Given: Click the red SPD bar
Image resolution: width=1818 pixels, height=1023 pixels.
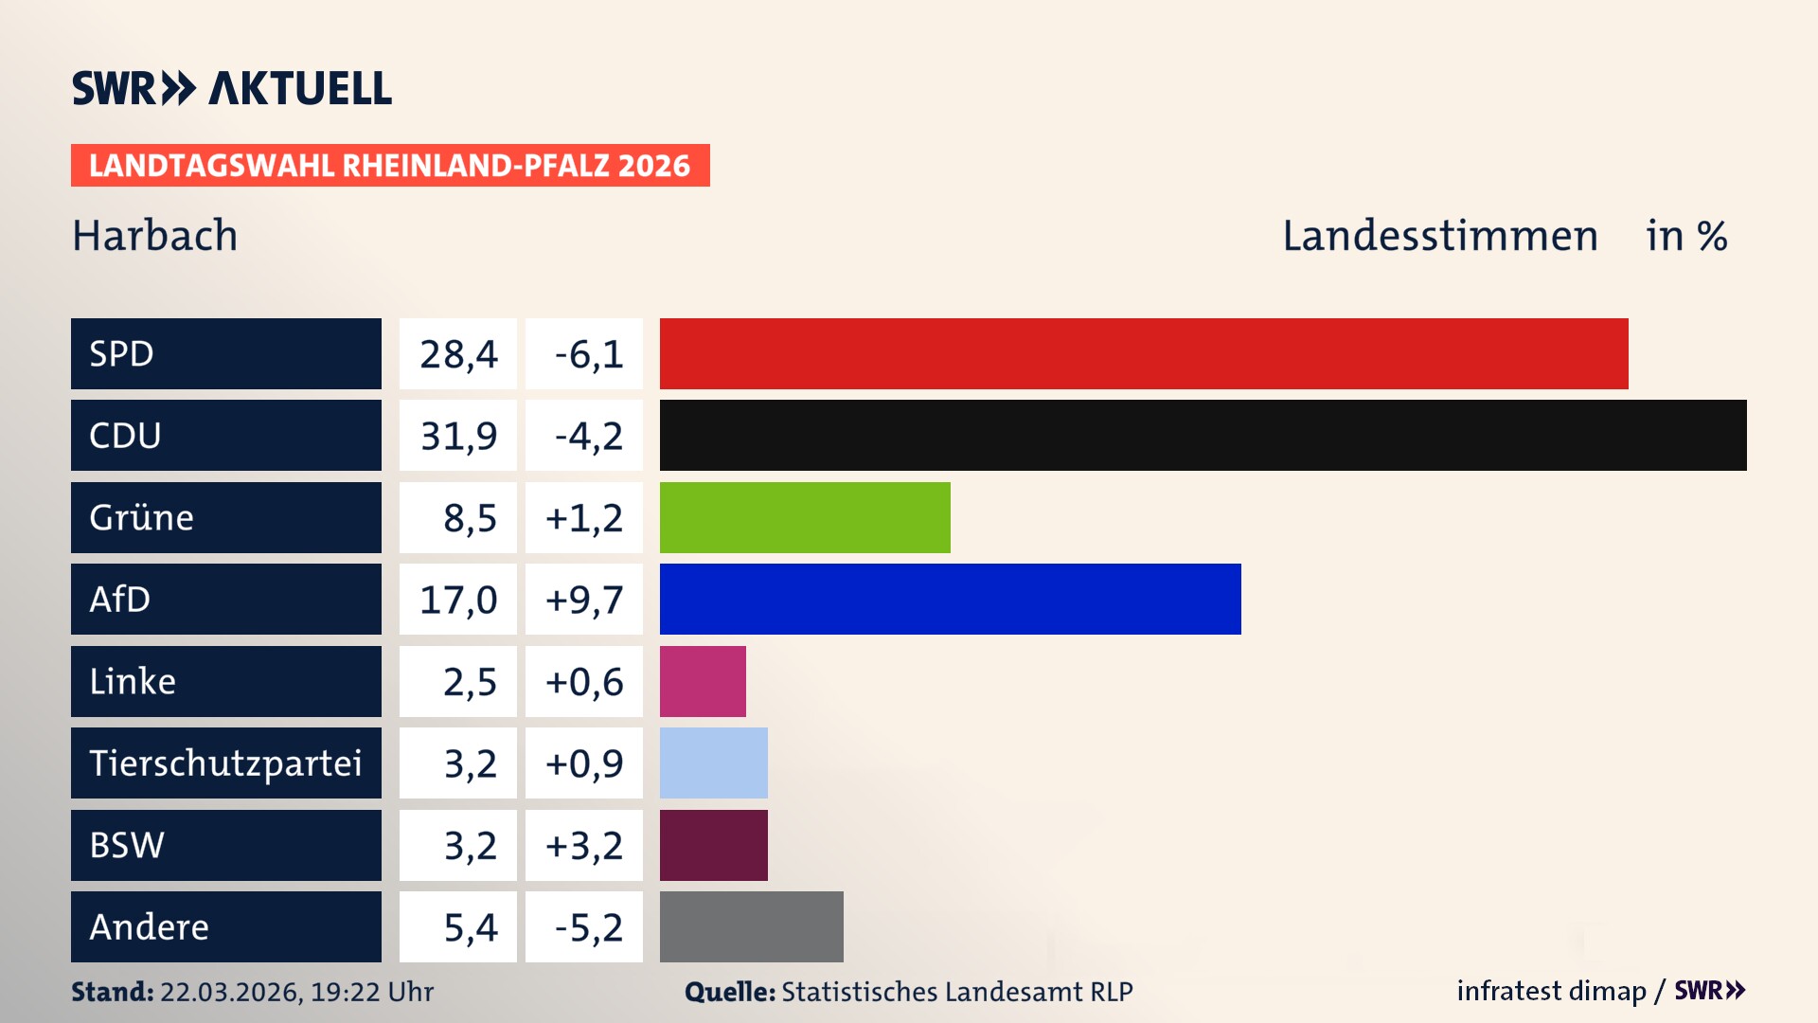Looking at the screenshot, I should click(x=1144, y=353).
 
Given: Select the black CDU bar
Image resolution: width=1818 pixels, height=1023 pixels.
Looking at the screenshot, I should click(x=1203, y=436).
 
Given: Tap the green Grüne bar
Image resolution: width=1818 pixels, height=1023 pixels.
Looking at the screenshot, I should click(x=805, y=517).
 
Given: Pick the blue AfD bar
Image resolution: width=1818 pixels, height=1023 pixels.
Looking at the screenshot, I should click(x=950, y=599).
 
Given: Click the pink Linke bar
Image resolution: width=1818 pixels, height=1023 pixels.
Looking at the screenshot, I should click(x=703, y=681).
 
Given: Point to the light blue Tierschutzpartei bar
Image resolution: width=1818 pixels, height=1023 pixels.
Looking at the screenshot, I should click(x=713, y=763).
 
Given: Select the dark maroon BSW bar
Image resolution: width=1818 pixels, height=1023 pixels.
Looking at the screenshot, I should click(x=713, y=845).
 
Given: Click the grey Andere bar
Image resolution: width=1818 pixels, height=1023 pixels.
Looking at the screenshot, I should click(x=751, y=926).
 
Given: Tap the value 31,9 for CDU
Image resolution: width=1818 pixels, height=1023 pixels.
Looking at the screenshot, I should click(x=458, y=436).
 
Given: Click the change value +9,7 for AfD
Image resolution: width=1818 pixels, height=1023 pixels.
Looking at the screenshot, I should click(x=584, y=599).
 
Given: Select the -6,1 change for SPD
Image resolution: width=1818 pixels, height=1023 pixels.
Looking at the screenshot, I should click(x=588, y=353).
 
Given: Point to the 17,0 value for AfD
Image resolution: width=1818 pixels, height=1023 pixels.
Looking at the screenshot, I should click(x=458, y=599).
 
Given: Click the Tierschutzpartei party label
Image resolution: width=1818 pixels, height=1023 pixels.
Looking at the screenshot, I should click(x=225, y=763).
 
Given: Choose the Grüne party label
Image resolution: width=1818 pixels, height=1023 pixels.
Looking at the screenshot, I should click(x=142, y=517).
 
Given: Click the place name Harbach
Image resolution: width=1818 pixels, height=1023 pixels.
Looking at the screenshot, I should click(x=155, y=236).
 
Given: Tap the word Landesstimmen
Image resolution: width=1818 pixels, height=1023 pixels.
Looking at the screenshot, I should click(x=1439, y=236).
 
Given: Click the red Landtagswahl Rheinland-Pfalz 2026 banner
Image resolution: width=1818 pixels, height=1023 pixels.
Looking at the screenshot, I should click(x=390, y=166).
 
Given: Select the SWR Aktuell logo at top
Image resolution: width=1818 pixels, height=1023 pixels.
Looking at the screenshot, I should click(x=232, y=88).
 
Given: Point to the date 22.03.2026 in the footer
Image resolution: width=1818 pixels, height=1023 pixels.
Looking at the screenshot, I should click(x=230, y=992).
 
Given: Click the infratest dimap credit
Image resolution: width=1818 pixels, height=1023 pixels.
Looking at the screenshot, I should click(x=1551, y=991).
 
